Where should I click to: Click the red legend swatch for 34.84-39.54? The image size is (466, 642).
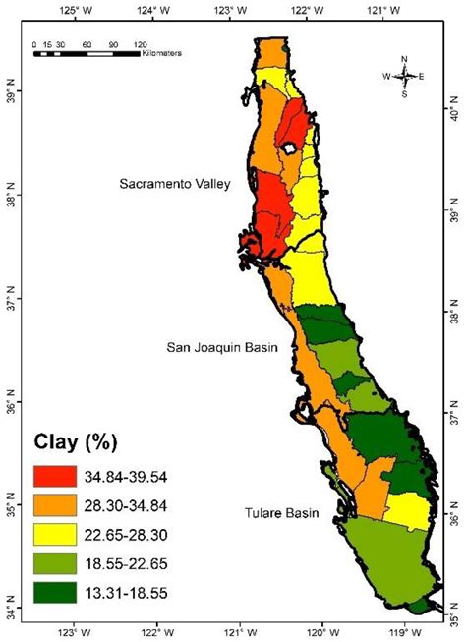coord(60,477)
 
